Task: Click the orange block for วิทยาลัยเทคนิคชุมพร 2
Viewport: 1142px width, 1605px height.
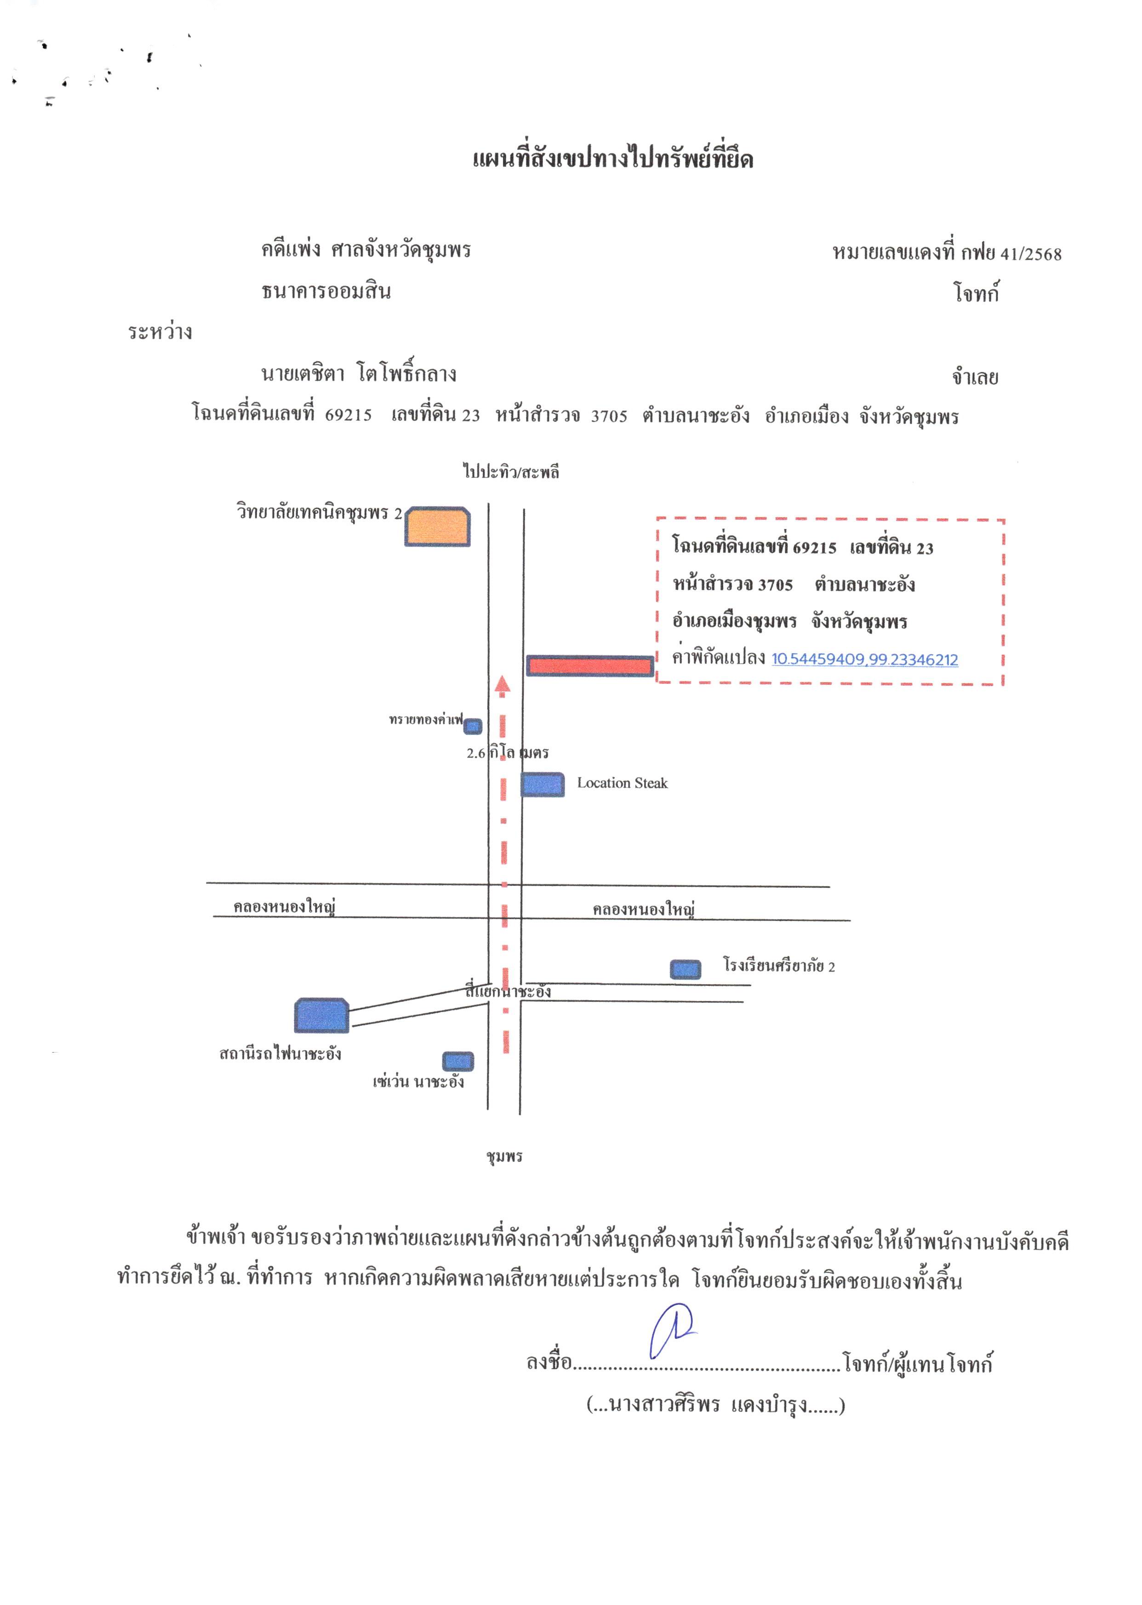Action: (437, 527)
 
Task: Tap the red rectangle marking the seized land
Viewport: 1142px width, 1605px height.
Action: (590, 666)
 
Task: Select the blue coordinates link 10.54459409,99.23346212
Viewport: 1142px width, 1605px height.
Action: (864, 660)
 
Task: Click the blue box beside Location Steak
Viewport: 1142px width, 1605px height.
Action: (542, 785)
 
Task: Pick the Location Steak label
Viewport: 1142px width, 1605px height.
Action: (622, 783)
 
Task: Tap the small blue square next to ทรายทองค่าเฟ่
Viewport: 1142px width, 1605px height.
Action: (473, 726)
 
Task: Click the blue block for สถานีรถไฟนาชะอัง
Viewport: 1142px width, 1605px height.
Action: (321, 1015)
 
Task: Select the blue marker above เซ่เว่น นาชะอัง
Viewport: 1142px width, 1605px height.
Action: (458, 1061)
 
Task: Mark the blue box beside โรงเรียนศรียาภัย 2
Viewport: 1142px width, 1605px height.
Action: (685, 969)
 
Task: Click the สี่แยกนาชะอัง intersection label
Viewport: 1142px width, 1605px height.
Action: (508, 991)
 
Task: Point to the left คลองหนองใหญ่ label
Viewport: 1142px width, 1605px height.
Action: (284, 907)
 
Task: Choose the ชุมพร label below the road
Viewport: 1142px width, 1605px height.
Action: (504, 1156)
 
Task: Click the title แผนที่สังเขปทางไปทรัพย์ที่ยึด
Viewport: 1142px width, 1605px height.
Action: (612, 159)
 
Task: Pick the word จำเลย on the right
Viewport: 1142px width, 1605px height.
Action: (975, 377)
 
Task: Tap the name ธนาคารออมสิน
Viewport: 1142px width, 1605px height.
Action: (326, 291)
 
